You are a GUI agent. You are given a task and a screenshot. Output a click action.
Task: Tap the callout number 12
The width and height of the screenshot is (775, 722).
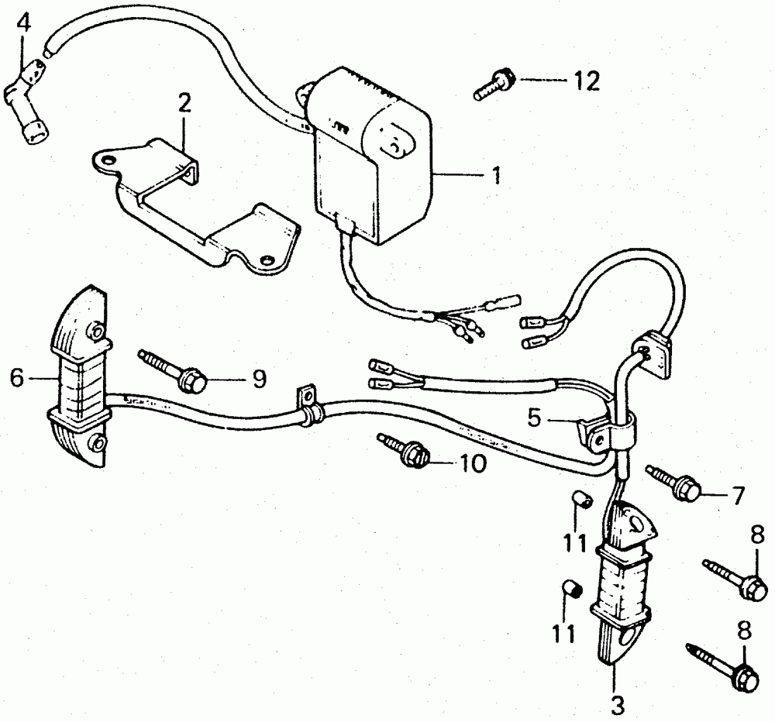[x=587, y=81]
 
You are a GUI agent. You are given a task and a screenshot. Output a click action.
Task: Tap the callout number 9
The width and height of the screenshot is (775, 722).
[x=258, y=378]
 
